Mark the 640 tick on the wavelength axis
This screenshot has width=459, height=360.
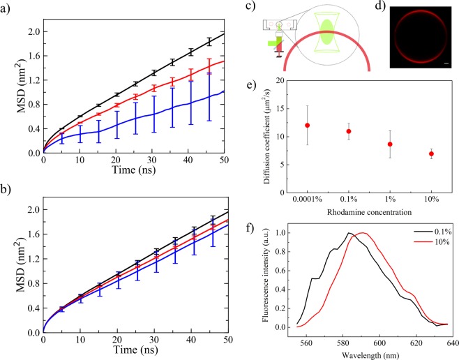pyautogui.click(x=446, y=343)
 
